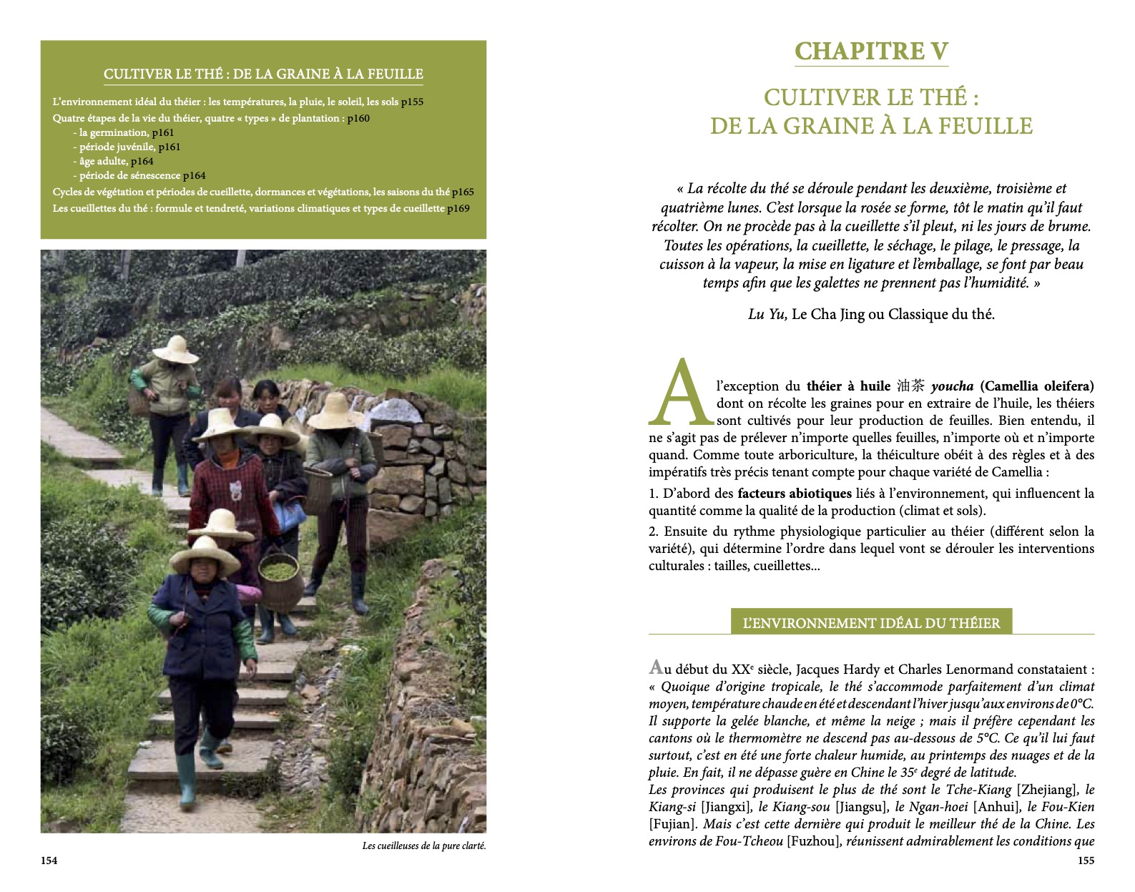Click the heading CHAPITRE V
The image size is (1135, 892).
coord(871,52)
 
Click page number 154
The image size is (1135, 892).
coord(49,861)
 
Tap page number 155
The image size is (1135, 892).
coord(1086,861)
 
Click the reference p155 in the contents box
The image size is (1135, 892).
coord(412,102)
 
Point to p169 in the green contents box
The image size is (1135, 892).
coord(458,208)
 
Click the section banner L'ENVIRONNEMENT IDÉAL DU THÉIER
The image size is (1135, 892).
coord(871,623)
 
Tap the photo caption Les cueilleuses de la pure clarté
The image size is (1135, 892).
coord(424,846)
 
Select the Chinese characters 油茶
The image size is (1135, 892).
coord(910,386)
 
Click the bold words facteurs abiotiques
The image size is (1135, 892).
coord(795,493)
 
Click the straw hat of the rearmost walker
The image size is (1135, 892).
coord(175,348)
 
